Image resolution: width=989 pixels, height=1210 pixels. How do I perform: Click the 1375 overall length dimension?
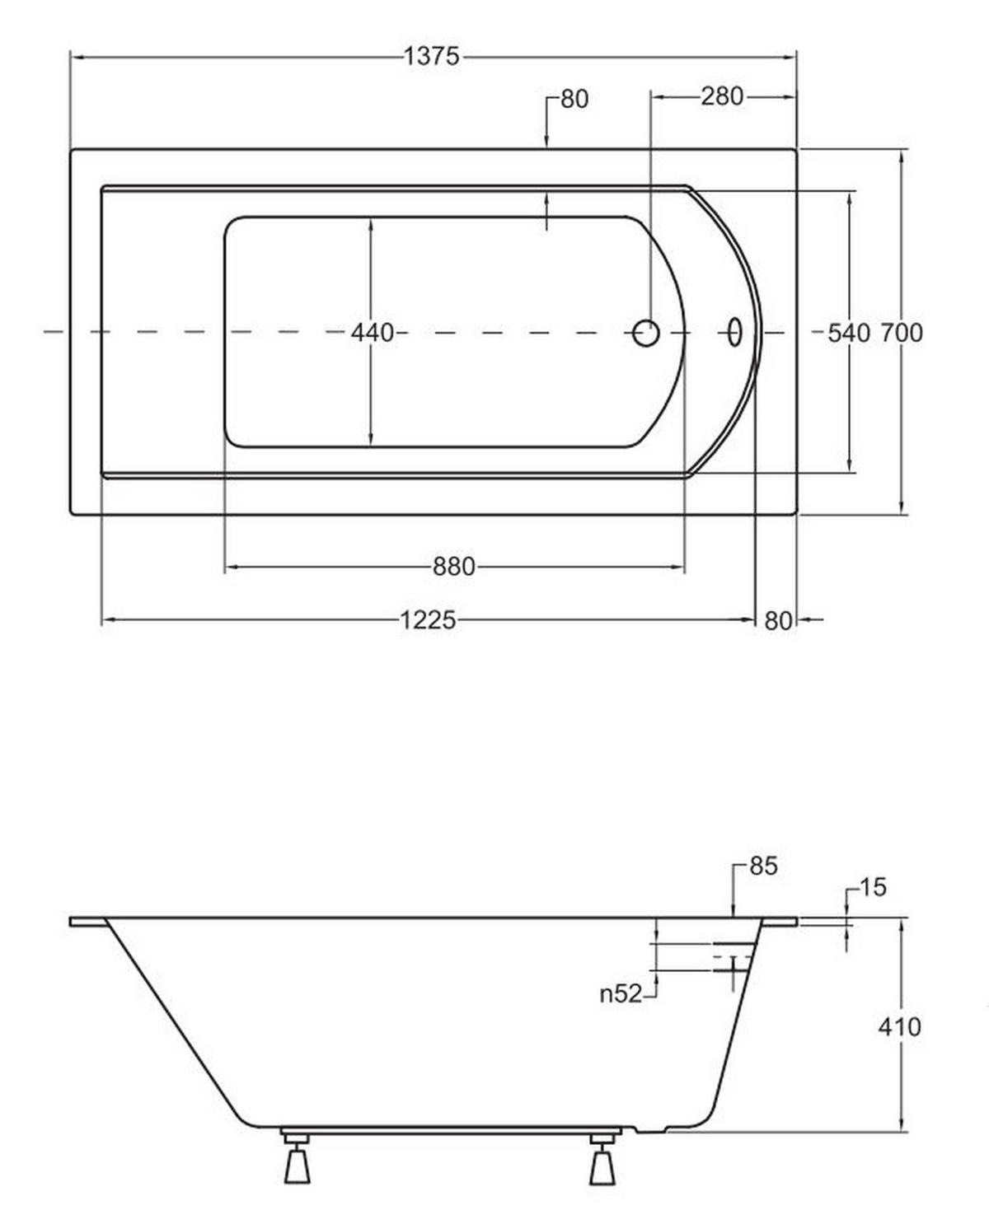coord(432,57)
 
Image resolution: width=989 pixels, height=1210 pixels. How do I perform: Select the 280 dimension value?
coord(721,96)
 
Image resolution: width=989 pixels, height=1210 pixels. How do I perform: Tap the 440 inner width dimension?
coord(373,333)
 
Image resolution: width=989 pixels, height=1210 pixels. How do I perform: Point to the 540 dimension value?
coord(849,333)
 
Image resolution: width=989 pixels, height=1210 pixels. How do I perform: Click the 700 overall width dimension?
coord(902,333)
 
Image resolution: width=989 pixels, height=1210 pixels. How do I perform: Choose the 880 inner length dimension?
coord(454,567)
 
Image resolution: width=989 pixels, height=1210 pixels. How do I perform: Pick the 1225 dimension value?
coord(428,620)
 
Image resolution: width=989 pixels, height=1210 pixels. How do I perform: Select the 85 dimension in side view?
coord(763,867)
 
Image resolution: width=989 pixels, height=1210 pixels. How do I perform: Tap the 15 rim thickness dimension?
coord(874,887)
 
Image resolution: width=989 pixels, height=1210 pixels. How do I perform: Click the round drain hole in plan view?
coord(646,333)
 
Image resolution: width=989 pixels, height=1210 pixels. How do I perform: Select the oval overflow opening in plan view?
coord(734,333)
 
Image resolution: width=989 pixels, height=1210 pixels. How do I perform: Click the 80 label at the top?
coord(574,100)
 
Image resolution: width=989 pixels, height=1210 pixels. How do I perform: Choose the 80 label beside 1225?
coord(778,621)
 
